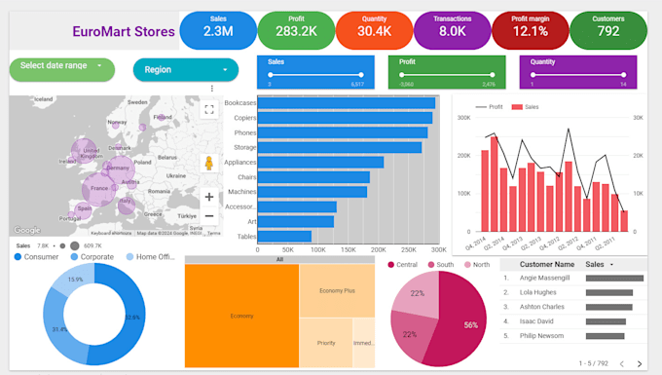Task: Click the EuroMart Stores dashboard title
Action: click(x=124, y=32)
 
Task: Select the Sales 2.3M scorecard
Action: click(x=218, y=30)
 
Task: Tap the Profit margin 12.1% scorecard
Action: click(x=530, y=30)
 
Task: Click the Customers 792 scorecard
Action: click(x=608, y=30)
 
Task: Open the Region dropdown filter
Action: click(x=185, y=69)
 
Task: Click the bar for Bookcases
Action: click(x=346, y=103)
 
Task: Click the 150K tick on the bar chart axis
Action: click(x=347, y=249)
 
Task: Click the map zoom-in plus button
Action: click(x=209, y=197)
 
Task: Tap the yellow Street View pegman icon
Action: click(x=209, y=164)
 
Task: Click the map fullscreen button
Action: click(x=209, y=109)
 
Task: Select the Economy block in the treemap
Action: click(x=241, y=316)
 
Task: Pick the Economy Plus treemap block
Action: click(x=336, y=290)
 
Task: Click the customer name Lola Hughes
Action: click(x=537, y=291)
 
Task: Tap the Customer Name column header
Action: click(x=546, y=264)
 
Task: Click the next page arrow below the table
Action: click(x=639, y=362)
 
